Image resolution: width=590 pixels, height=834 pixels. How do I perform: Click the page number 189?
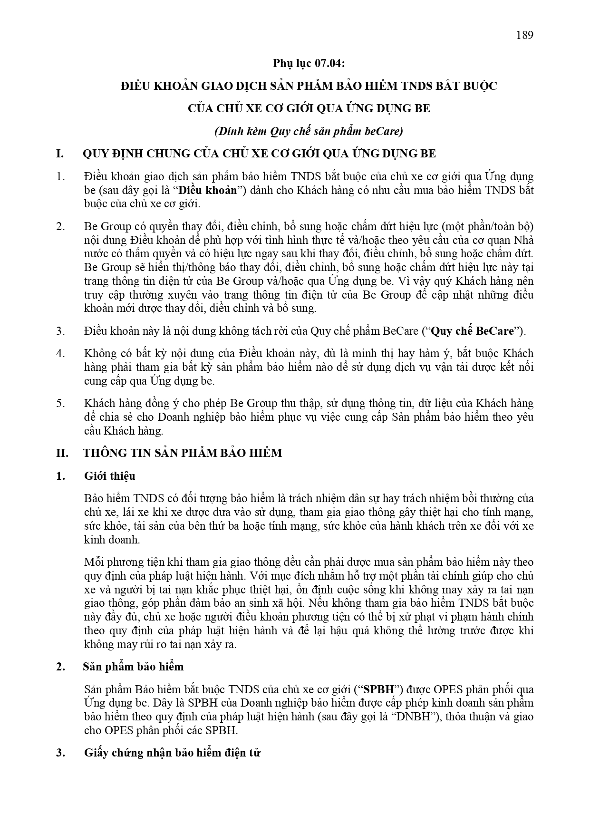524,35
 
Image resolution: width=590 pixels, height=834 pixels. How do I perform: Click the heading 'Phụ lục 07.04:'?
308,63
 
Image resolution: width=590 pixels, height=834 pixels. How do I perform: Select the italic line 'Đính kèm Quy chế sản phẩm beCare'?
309,131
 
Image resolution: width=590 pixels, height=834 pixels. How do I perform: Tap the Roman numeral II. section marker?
62,453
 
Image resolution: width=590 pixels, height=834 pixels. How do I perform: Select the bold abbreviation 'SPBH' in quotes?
376,689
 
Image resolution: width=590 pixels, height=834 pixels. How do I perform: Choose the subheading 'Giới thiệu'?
109,476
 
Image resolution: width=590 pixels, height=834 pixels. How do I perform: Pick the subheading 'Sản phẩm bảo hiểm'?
133,667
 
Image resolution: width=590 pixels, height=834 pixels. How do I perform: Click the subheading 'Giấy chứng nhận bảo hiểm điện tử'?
172,753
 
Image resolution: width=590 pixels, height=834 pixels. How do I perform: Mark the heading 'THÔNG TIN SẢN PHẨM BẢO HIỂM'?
183,453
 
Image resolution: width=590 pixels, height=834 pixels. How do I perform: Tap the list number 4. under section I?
60,353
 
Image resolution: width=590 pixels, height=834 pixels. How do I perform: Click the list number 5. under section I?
60,403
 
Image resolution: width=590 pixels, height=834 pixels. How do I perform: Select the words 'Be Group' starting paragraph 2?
104,226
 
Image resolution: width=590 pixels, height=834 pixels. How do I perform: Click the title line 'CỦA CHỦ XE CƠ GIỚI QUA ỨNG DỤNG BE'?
309,108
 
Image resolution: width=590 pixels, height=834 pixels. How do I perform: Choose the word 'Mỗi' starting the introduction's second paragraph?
93,562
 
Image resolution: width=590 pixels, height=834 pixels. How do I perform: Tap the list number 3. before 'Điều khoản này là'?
60,331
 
